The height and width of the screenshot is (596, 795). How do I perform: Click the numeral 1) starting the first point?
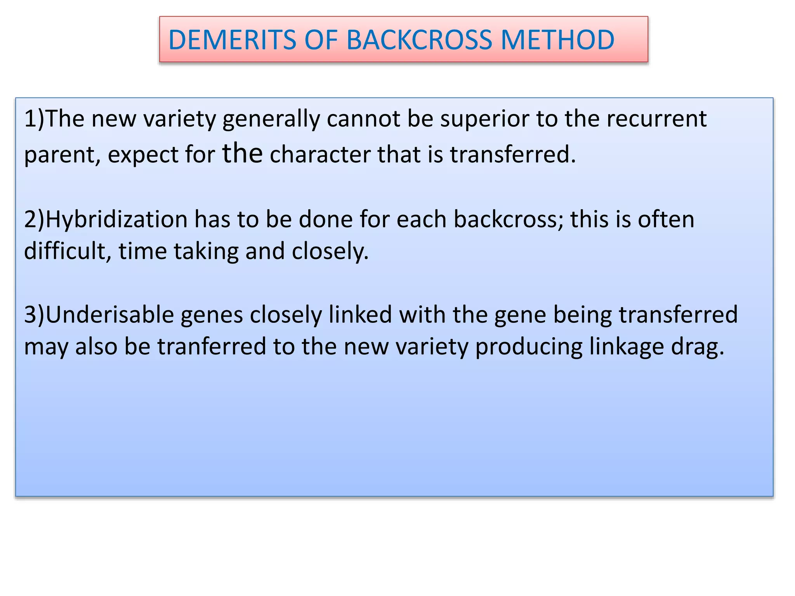[x=35, y=119]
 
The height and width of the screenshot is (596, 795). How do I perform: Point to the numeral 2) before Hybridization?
[x=35, y=219]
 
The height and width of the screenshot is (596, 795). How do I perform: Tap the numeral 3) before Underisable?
[x=35, y=315]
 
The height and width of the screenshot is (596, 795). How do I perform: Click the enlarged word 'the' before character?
[x=242, y=153]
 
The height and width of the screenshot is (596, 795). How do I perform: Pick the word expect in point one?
[x=142, y=155]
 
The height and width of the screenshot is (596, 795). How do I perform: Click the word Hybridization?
[x=116, y=219]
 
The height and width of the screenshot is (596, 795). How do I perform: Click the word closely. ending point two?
[x=330, y=251]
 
